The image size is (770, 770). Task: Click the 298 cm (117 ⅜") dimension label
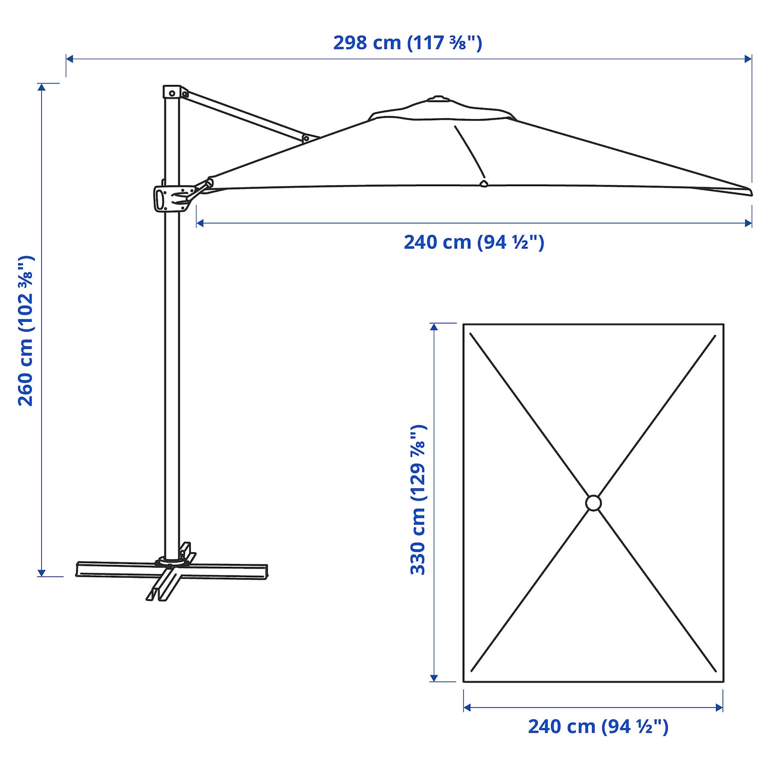(408, 43)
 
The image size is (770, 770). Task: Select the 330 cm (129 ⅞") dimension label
(419, 499)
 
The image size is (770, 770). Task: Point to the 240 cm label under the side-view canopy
(474, 243)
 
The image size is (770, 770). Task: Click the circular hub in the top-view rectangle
(593, 503)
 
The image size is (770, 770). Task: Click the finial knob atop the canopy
(438, 98)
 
